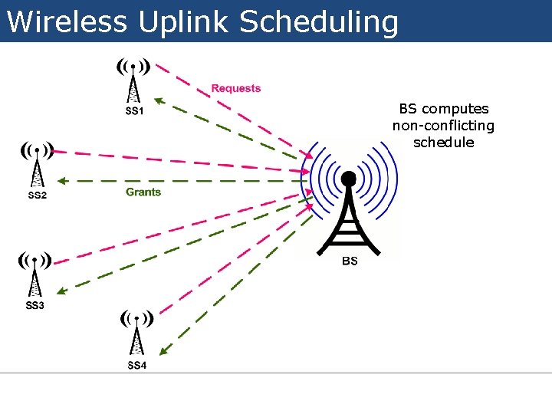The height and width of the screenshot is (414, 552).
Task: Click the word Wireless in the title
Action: click(67, 21)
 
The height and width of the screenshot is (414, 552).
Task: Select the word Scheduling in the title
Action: click(319, 21)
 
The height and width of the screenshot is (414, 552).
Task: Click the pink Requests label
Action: click(236, 88)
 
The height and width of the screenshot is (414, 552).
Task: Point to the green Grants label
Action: click(143, 192)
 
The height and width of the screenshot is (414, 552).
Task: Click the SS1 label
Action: click(134, 111)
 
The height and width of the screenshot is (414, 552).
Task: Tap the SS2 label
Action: click(37, 195)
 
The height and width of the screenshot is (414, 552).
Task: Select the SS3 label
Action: click(35, 306)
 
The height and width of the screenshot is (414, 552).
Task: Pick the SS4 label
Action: click(136, 365)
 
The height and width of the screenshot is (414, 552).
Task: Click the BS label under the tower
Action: click(350, 261)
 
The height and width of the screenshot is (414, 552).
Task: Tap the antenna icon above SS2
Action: click(36, 164)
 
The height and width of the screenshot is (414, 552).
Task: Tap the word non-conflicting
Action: click(443, 126)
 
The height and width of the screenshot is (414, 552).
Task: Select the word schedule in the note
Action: click(443, 143)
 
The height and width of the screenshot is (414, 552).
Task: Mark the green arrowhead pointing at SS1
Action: click(157, 99)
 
